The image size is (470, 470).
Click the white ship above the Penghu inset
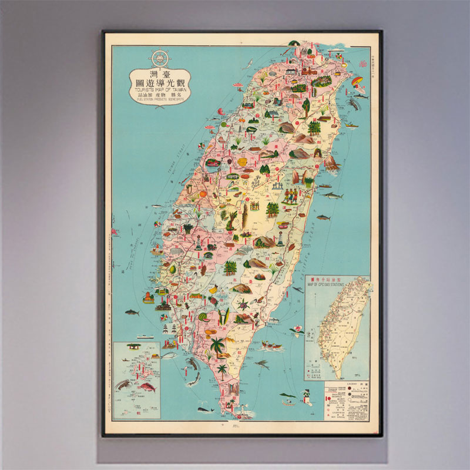tap(145, 337)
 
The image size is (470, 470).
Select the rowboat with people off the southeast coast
tap(271, 347)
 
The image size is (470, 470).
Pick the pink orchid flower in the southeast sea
tap(295, 332)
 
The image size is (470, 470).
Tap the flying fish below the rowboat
tap(262, 365)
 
